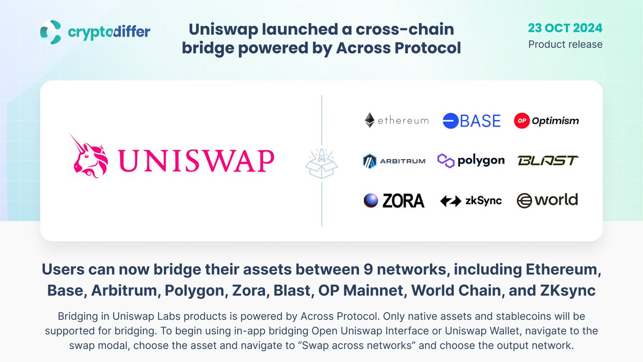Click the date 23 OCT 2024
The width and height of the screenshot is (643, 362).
coord(565,28)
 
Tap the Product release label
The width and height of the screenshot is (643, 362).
coord(565,44)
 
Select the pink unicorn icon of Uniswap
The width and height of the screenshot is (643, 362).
coord(90,160)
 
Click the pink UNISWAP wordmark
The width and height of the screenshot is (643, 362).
coord(196,160)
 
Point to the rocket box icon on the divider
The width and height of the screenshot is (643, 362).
coord(322,160)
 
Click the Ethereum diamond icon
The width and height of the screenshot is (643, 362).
coord(369,120)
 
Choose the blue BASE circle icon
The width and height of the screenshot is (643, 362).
coord(451,121)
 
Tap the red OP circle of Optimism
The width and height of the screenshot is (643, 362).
coord(521,121)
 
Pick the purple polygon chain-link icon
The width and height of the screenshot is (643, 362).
coord(446,160)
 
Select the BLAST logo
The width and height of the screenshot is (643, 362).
coord(548,160)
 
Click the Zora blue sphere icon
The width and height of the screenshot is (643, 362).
coord(370,201)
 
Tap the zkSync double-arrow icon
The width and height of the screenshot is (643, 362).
coord(451,201)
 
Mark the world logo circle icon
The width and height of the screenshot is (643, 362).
coord(525,201)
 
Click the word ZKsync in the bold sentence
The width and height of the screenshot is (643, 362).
coord(565,291)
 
